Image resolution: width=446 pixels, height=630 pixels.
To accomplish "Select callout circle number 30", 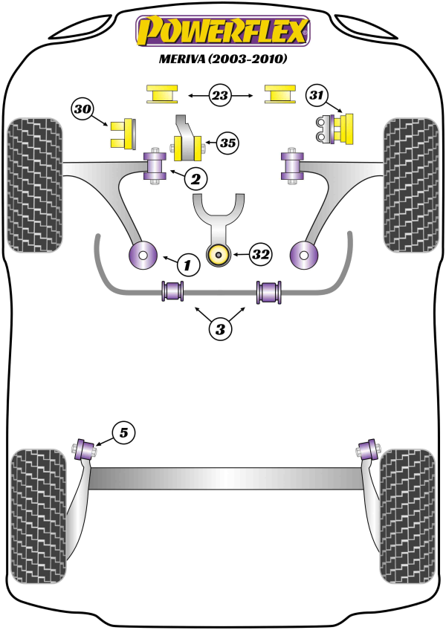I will click(84, 110).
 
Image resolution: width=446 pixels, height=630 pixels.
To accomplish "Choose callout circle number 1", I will click(188, 264).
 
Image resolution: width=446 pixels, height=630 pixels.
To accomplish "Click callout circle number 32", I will click(260, 255).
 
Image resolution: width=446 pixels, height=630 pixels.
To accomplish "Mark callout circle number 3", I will click(221, 328).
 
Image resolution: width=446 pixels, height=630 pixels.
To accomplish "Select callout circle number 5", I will click(124, 432).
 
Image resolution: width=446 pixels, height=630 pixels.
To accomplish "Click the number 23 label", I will click(221, 95).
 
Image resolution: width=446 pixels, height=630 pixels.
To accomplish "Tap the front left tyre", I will click(34, 186).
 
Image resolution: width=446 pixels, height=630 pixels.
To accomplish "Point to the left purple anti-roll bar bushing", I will click(172, 290).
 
